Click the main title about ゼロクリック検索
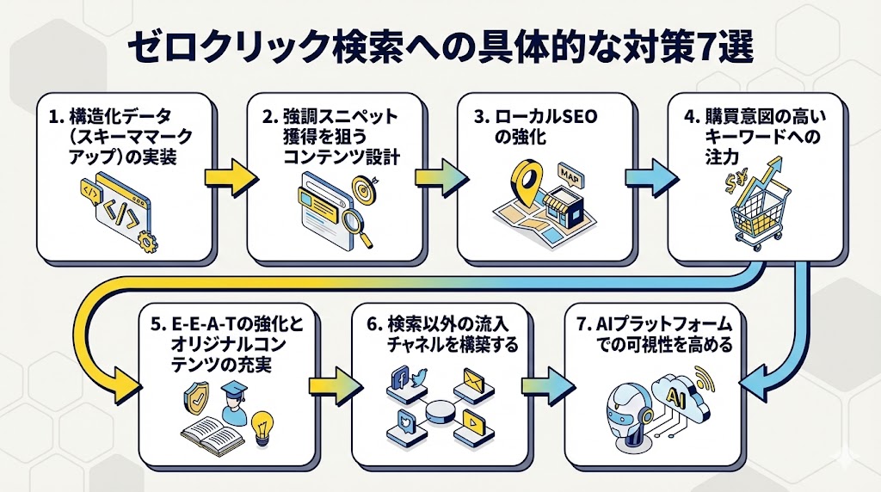pos(440,49)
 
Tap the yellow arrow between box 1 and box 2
pos(230,177)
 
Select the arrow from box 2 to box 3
pos(440,177)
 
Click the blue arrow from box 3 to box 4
pos(650,177)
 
